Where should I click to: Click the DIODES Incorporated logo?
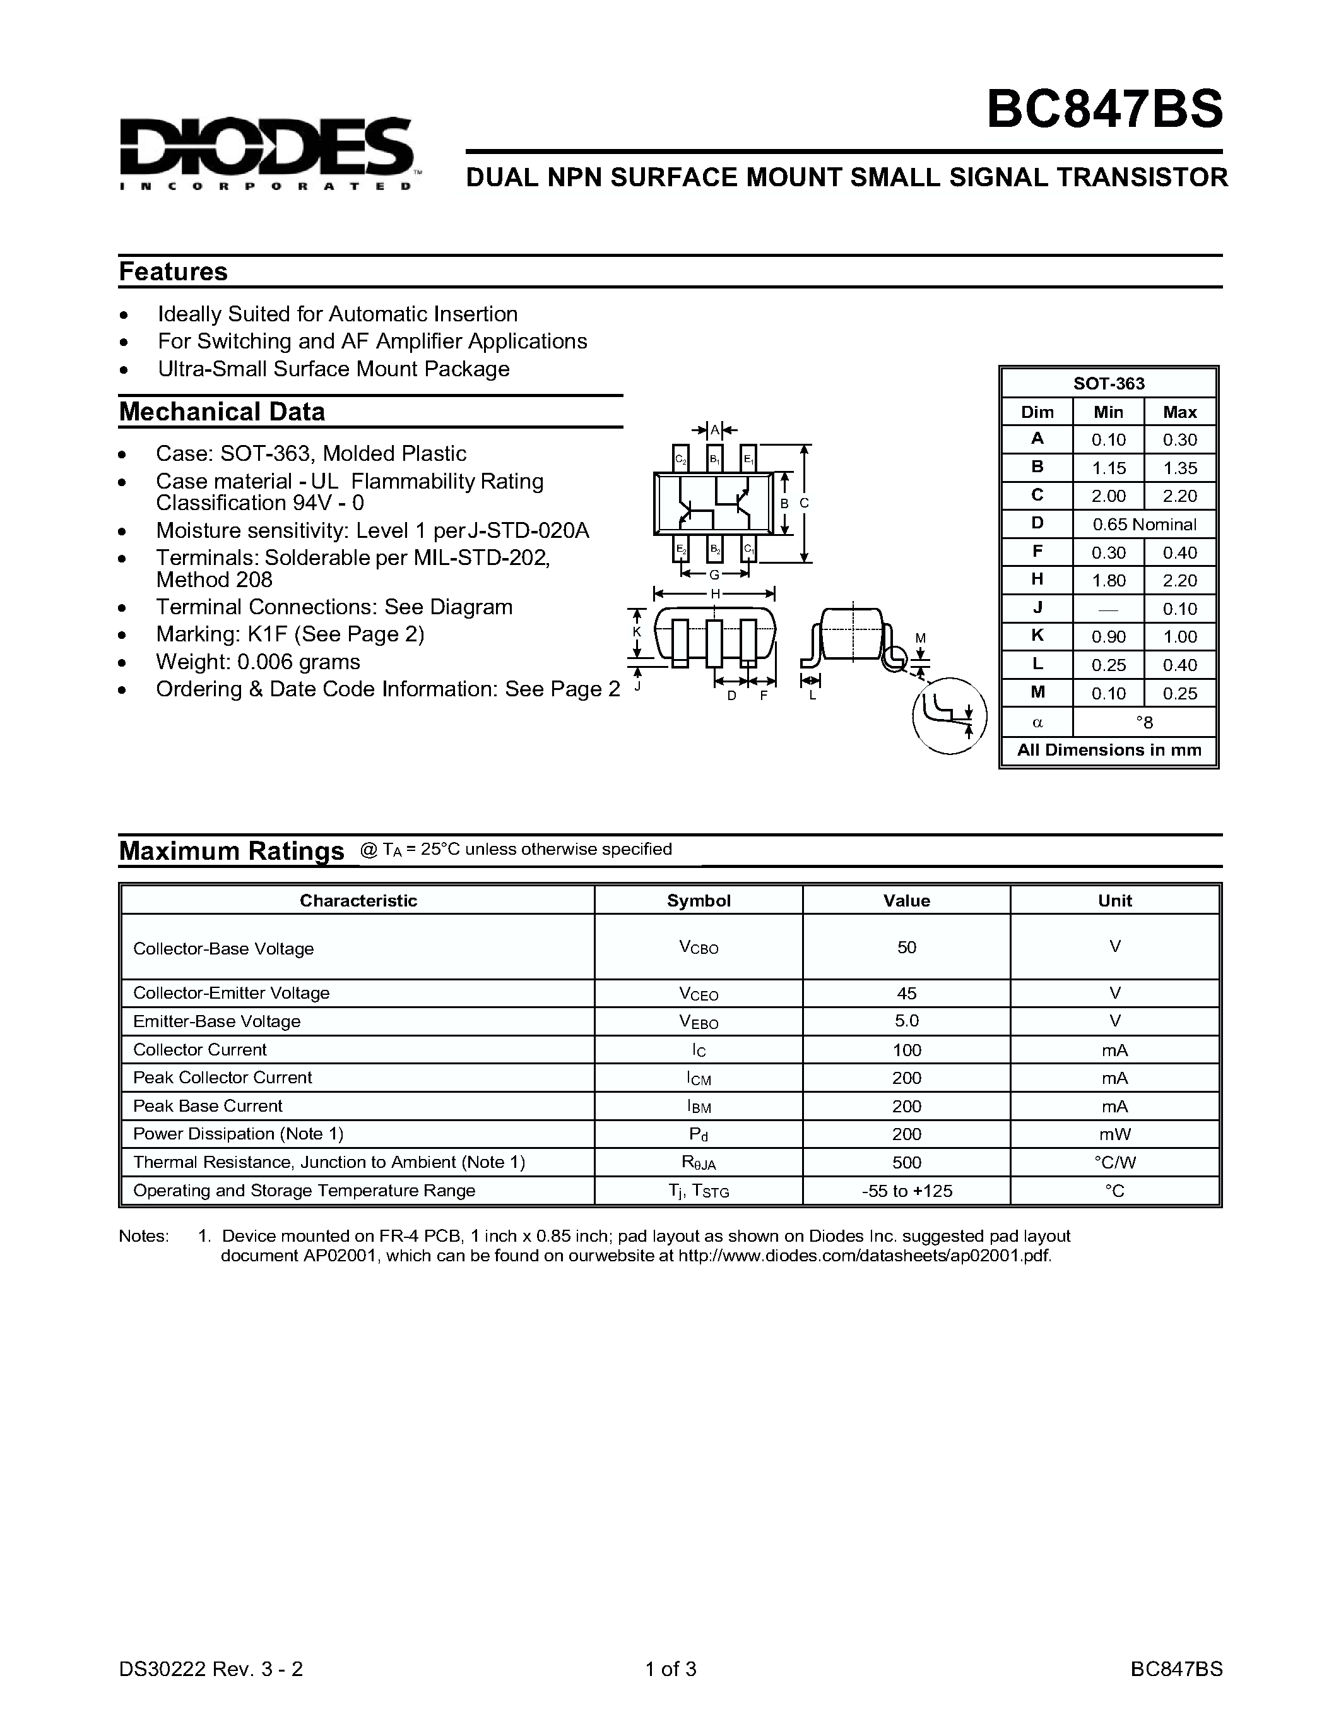pos(267,153)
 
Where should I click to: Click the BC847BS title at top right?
pos(1104,109)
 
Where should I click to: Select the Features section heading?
pos(173,272)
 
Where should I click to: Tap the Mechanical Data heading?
pos(222,412)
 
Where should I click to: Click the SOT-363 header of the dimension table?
pos(1109,383)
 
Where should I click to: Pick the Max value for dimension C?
pos(1179,496)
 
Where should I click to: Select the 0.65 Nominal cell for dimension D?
pos(1144,525)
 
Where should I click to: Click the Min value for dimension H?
pos(1108,580)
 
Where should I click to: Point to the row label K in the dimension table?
pos(1037,636)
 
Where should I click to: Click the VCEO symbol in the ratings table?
pos(699,994)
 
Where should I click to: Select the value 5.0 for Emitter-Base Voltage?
pos(906,1021)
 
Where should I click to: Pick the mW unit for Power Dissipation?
pos(1114,1134)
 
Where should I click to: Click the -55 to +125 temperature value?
pos(906,1191)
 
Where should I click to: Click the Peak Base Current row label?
pos(208,1105)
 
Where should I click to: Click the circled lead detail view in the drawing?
pos(949,715)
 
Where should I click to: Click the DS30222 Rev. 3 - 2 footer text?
pos(211,1668)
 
